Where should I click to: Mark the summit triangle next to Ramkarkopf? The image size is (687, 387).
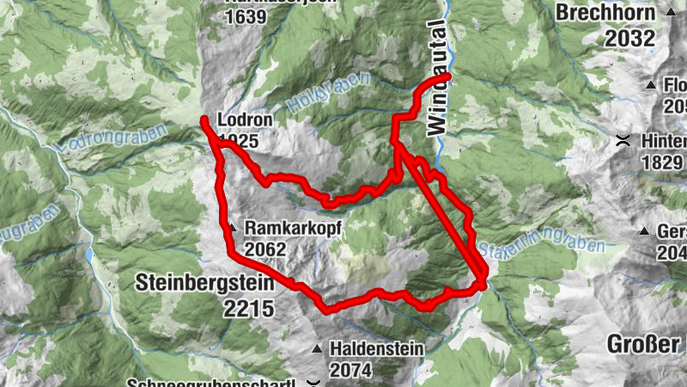(x=232, y=228)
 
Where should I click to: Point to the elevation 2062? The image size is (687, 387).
(x=264, y=249)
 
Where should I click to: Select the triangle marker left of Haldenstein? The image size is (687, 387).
(x=318, y=349)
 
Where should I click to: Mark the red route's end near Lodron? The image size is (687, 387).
(x=204, y=120)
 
